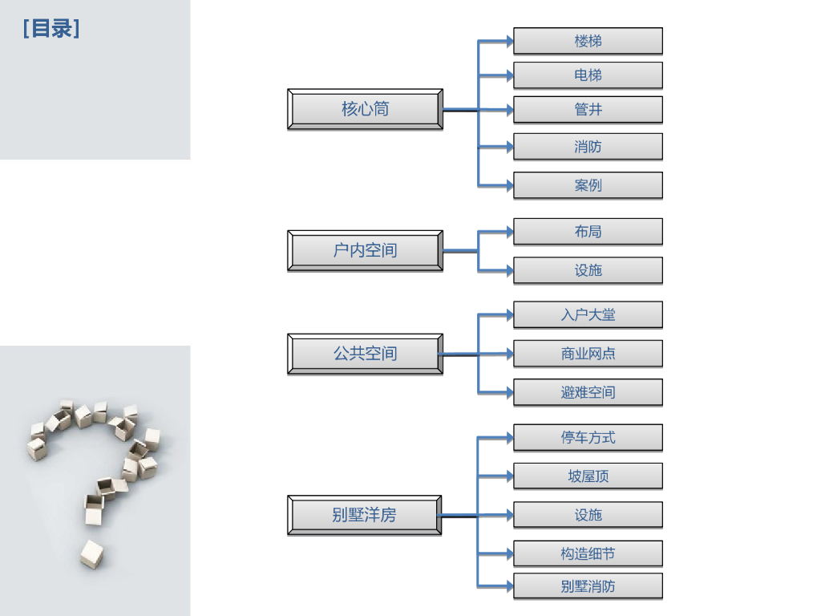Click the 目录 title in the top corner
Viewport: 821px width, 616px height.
(51, 28)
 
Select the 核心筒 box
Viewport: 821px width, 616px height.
(365, 109)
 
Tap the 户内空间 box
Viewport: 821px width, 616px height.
(365, 250)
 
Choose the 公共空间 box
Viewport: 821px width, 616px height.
(365, 354)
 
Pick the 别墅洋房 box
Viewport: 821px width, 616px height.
(365, 515)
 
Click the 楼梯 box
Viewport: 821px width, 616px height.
(588, 41)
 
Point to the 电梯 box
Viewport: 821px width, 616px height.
(588, 75)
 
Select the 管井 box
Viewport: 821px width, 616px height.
(588, 109)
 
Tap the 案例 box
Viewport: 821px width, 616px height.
(588, 185)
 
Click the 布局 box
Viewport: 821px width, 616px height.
(588, 232)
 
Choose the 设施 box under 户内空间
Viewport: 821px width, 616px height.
(588, 270)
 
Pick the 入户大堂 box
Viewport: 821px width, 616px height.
(588, 314)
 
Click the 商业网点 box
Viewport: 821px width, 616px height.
(588, 354)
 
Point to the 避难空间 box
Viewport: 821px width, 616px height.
(588, 392)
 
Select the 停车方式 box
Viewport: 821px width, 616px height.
(588, 437)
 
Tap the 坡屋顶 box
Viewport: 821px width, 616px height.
(588, 476)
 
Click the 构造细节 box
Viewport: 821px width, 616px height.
(588, 553)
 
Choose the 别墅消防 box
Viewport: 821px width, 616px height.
(588, 586)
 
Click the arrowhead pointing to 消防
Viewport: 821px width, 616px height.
(510, 147)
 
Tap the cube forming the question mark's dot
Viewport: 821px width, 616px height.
(92, 554)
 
